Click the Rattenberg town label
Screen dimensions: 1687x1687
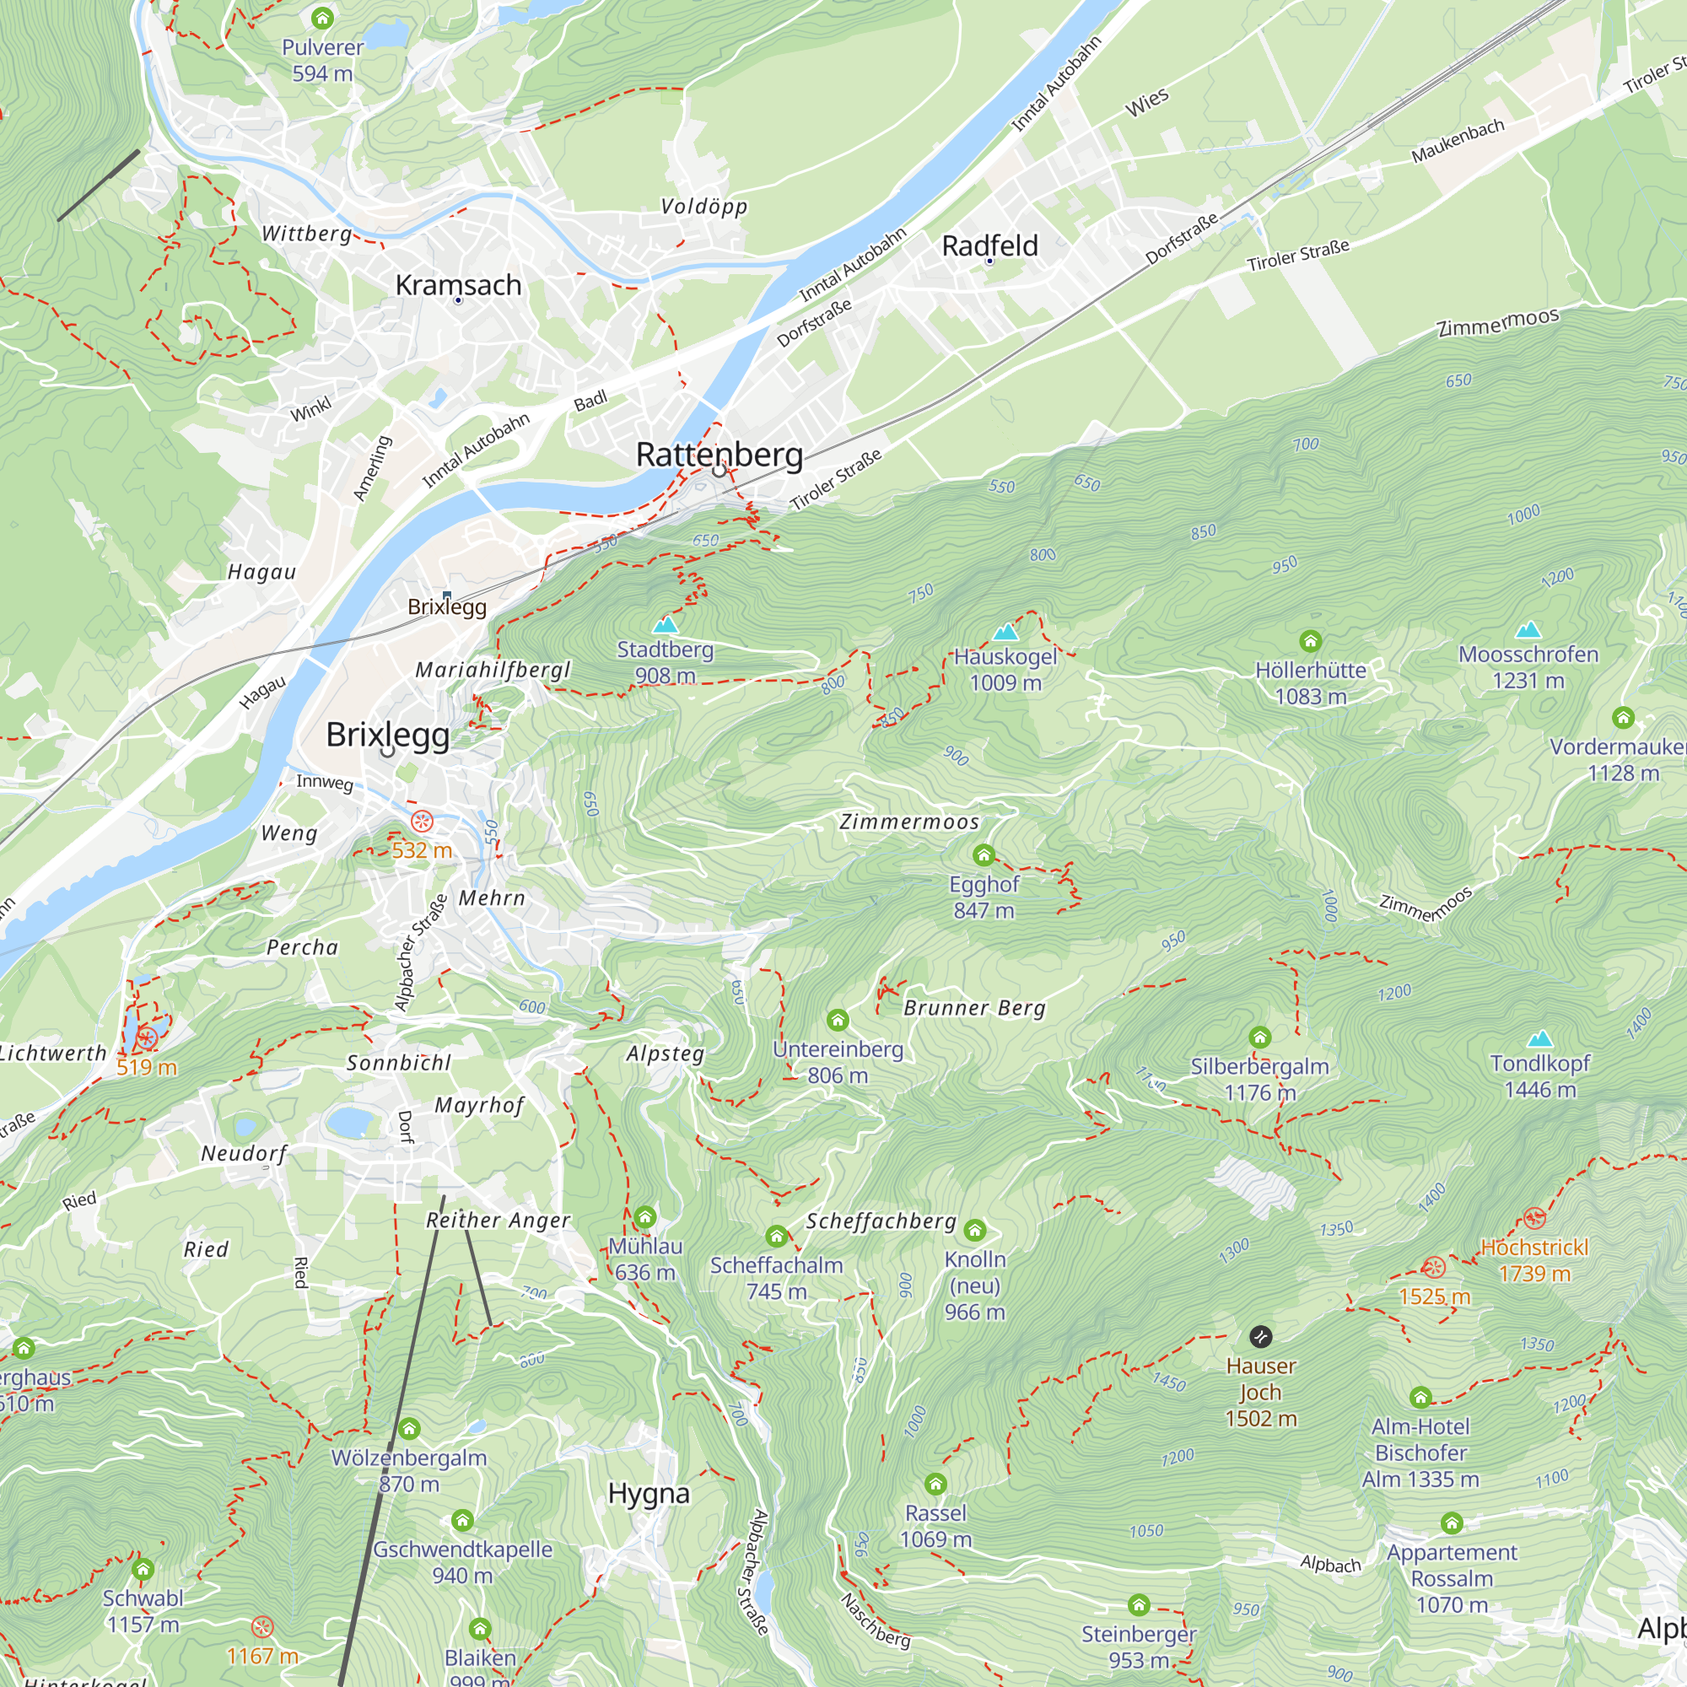tap(719, 455)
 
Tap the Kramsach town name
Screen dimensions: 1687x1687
tap(457, 286)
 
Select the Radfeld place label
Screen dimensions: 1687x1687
tap(989, 246)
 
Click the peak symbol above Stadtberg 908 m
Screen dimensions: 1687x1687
tap(666, 624)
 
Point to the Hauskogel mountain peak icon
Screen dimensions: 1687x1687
tap(1005, 631)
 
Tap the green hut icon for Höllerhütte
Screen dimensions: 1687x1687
tap(1310, 642)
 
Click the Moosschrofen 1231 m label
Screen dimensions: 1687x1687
tap(1528, 667)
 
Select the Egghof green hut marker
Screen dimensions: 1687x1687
tap(984, 854)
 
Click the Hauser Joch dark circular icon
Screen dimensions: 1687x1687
tap(1260, 1337)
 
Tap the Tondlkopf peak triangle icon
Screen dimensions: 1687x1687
tap(1539, 1039)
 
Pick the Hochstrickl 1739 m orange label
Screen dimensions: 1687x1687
tap(1533, 1260)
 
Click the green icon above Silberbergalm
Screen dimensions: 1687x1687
tap(1259, 1038)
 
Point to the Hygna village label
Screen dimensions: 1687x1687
tap(648, 1494)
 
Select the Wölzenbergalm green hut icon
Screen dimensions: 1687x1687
tap(408, 1430)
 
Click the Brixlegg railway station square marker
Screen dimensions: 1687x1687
tap(447, 596)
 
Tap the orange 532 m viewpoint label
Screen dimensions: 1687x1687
tap(422, 850)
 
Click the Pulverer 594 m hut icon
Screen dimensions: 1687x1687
tap(322, 18)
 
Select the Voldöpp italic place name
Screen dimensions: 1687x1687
tap(703, 207)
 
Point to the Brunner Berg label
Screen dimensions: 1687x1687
tap(973, 1008)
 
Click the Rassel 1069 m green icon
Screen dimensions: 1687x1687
tap(935, 1484)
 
